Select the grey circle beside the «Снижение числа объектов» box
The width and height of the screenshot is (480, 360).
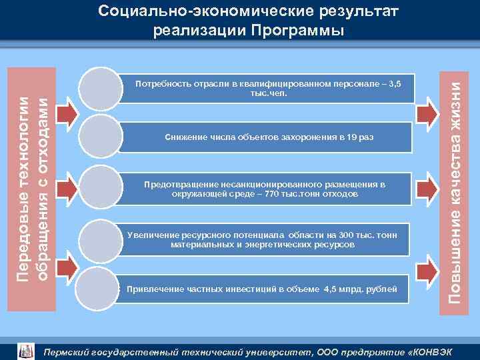pyautogui.click(x=100, y=137)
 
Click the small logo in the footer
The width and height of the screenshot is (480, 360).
pyautogui.click(x=25, y=350)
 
